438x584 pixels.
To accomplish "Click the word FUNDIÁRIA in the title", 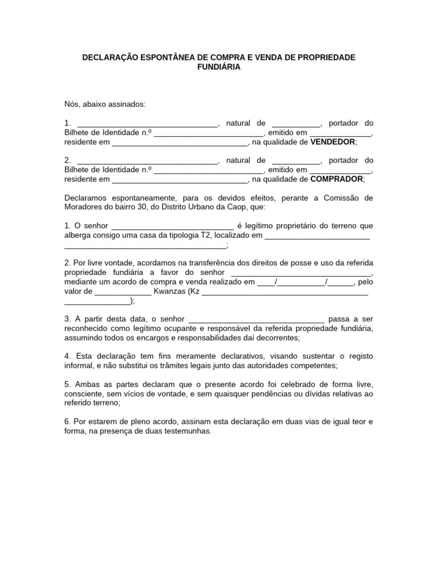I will point(218,67).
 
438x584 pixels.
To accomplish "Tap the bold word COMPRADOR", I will point(336,179).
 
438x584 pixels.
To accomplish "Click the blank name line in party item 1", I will point(147,124).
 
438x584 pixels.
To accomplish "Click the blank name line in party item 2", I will point(147,161).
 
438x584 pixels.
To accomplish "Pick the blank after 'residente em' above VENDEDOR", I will point(180,143).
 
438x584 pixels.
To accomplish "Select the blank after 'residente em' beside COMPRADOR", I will point(180,180).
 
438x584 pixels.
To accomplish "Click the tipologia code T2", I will point(205,235).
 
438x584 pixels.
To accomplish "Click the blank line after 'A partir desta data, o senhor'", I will point(255,319).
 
